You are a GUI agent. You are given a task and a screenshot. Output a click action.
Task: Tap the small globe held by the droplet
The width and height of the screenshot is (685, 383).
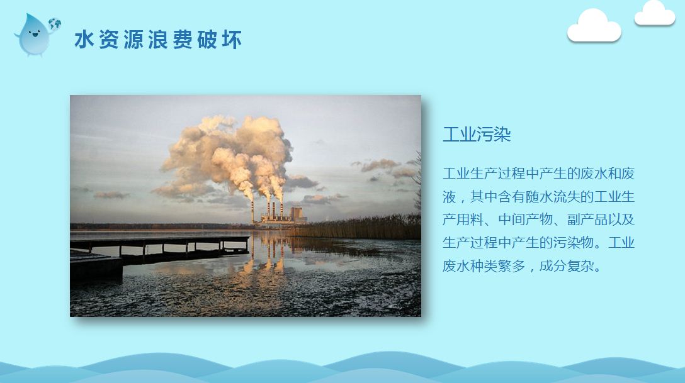55,24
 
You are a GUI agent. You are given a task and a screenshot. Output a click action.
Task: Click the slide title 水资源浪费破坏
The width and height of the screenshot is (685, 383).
157,40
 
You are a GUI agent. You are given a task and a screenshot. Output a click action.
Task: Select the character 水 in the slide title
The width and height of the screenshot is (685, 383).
84,40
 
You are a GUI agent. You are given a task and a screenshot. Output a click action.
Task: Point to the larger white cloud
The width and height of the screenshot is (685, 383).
594,26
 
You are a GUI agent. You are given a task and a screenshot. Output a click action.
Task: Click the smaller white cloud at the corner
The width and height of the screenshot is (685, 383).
654,13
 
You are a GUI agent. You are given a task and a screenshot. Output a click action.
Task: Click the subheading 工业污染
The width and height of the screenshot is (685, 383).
477,135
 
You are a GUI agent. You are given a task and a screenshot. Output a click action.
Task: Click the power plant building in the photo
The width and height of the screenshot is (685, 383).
284,216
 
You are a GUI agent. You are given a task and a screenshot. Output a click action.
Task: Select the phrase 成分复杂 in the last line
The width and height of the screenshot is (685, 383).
567,265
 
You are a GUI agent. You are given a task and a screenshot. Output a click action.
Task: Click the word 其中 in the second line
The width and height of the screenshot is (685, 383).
484,197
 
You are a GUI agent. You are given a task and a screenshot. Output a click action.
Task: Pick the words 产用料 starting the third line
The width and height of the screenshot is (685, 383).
463,219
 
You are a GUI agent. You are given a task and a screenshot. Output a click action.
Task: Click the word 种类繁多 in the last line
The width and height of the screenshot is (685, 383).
497,265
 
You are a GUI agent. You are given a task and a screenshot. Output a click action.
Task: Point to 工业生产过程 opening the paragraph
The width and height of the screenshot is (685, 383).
484,174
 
